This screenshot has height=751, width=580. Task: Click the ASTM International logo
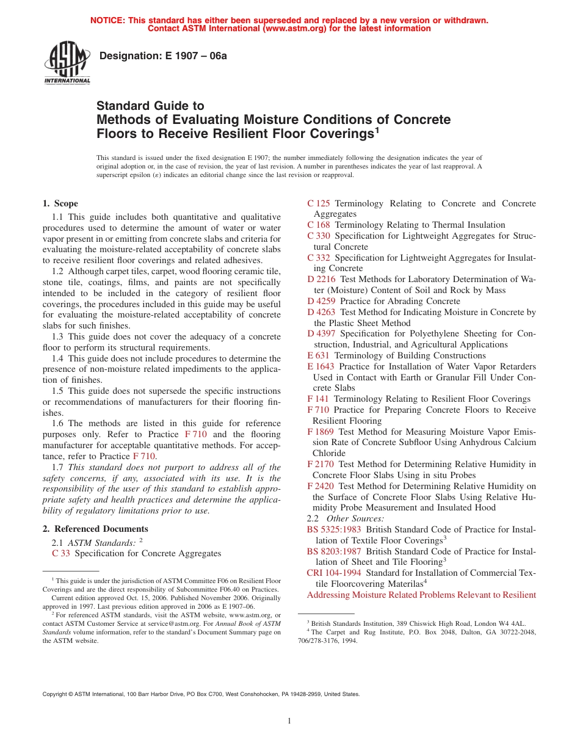click(x=67, y=64)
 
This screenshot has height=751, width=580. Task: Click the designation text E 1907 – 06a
click(x=163, y=56)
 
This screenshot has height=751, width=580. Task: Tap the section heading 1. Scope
click(x=60, y=203)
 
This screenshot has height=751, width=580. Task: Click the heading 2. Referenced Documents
click(x=95, y=529)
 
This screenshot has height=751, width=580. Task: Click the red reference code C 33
click(x=61, y=553)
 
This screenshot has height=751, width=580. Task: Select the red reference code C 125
click(x=319, y=203)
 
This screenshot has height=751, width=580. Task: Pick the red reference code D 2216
click(x=321, y=279)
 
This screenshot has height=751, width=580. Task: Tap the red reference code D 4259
click(x=321, y=301)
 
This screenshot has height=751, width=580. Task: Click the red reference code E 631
click(x=318, y=355)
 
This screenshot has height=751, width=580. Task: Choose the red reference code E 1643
click(x=321, y=366)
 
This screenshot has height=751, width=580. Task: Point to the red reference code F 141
click(x=318, y=399)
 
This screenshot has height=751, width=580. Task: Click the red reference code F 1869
click(x=321, y=431)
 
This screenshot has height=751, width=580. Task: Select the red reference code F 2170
click(x=321, y=464)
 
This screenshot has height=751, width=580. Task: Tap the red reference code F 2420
click(x=321, y=486)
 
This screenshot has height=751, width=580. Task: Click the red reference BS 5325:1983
click(x=334, y=529)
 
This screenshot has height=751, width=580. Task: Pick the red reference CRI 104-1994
click(x=334, y=573)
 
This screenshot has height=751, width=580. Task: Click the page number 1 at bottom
click(x=290, y=721)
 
